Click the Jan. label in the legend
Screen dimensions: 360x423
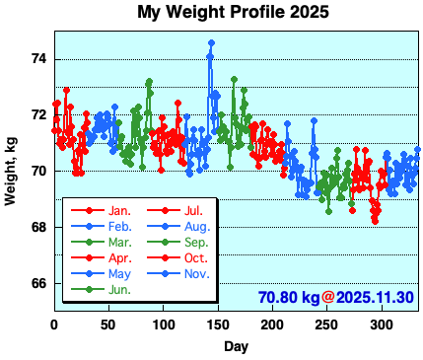120,210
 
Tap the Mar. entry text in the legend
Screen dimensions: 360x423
120,242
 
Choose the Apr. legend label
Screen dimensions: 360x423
120,257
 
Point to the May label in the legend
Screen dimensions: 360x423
119,273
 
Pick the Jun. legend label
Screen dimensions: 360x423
120,289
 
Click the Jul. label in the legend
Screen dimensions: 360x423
193,210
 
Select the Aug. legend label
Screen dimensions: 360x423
195,226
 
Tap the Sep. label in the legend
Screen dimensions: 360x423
195,242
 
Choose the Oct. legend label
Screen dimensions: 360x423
194,257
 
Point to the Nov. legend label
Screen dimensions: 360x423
195,273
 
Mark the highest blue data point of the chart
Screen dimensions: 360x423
210,43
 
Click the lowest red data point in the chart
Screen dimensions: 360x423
375,220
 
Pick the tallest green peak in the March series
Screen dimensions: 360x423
149,82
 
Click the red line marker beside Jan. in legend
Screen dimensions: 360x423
89,210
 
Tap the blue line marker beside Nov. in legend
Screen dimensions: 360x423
162,273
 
